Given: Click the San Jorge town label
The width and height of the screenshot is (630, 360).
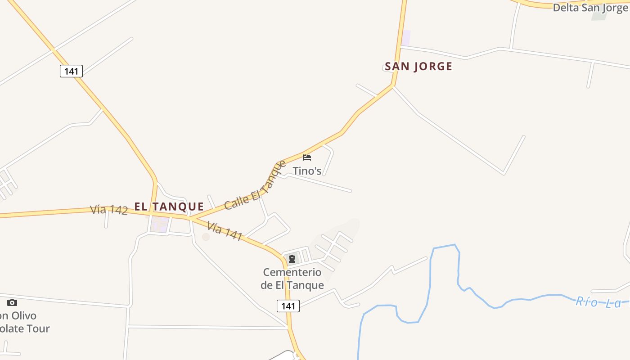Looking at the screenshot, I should click(418, 67).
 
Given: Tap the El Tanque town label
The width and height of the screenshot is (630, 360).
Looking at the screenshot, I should click(169, 207).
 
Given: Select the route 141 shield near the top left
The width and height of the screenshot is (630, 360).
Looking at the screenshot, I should click(71, 71).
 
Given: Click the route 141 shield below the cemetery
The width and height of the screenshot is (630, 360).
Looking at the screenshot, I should click(288, 306).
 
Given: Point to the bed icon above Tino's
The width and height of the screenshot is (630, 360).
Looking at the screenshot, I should click(307, 157).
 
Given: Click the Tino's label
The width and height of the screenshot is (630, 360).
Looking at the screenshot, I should click(307, 171).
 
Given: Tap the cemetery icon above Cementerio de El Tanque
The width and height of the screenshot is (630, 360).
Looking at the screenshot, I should click(292, 259).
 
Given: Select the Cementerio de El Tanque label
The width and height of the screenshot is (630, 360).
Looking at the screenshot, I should click(292, 279).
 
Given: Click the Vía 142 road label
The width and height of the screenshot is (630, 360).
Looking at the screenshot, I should click(109, 210).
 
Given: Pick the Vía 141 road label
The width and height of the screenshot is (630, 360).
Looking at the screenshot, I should click(225, 230).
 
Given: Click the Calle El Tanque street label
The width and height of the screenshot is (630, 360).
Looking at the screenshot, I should click(255, 185).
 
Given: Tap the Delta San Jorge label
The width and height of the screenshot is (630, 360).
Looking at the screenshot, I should click(591, 8).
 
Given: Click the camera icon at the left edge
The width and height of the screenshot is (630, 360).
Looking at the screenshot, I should click(12, 302).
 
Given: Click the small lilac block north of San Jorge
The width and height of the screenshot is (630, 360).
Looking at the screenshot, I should click(406, 37).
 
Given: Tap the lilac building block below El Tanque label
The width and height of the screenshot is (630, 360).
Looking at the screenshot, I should click(159, 224).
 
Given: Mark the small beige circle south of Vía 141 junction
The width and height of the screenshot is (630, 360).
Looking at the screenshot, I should click(206, 237).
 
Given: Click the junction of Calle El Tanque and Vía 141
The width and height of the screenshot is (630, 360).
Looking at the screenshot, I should click(190, 218).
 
